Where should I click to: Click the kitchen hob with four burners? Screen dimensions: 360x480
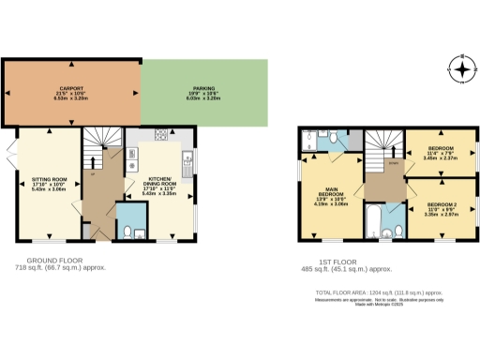pos(160,135)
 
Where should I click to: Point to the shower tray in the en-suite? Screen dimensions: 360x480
pos(310,138)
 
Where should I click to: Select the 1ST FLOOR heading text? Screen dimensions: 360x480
pos(329,260)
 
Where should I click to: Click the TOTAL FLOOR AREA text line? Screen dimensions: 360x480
pos(393,292)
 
